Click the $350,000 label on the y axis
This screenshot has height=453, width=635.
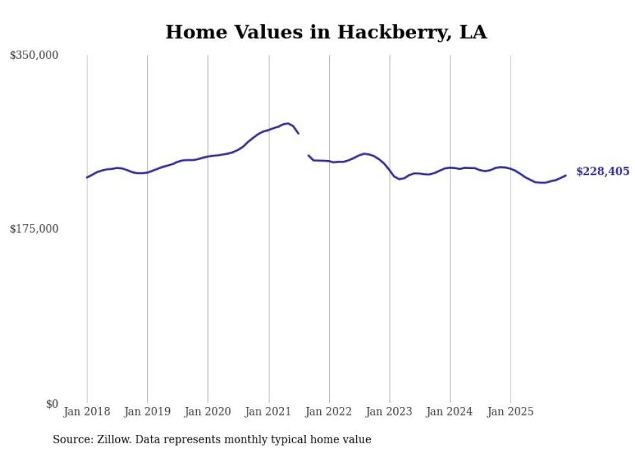[34, 56]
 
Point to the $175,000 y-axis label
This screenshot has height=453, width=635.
[34, 229]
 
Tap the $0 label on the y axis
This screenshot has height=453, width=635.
[52, 404]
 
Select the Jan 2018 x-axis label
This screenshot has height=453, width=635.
[87, 412]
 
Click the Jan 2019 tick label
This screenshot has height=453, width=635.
[147, 412]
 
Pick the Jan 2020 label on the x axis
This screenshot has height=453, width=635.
[207, 412]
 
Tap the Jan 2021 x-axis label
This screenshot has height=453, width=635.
[268, 412]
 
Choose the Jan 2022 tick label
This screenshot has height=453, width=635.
[329, 412]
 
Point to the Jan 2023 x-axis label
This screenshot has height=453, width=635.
[389, 412]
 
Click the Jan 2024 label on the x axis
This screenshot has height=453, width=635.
[450, 412]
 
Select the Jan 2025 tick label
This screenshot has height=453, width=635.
[511, 412]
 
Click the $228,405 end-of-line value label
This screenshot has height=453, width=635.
[602, 172]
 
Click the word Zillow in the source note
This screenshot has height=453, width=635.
[114, 439]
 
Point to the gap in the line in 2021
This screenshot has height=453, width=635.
[303, 145]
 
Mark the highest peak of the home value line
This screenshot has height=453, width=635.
[287, 123]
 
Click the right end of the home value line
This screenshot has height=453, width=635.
[566, 175]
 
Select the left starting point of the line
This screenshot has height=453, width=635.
[87, 177]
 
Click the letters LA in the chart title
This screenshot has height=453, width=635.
[474, 32]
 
